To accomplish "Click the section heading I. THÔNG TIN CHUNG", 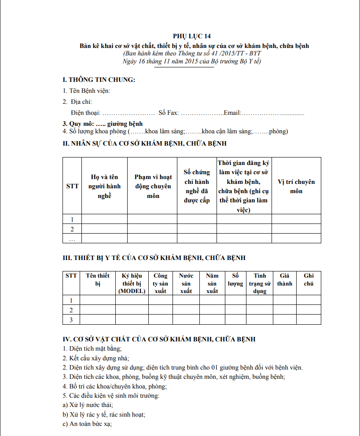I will point(99,80).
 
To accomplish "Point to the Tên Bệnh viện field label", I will point(86,91).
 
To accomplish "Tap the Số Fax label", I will point(169,113).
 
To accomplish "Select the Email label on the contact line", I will point(231,113).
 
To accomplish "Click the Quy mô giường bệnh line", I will point(103,124).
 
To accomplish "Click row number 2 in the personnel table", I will point(72,229).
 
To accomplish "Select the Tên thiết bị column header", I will point(98,279).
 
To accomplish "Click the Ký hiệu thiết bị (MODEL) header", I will point(132,283).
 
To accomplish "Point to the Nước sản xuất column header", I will point(186,283).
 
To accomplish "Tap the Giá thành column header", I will point(284,279).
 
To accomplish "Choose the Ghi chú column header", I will point(309,279).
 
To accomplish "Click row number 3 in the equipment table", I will point(71,320).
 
